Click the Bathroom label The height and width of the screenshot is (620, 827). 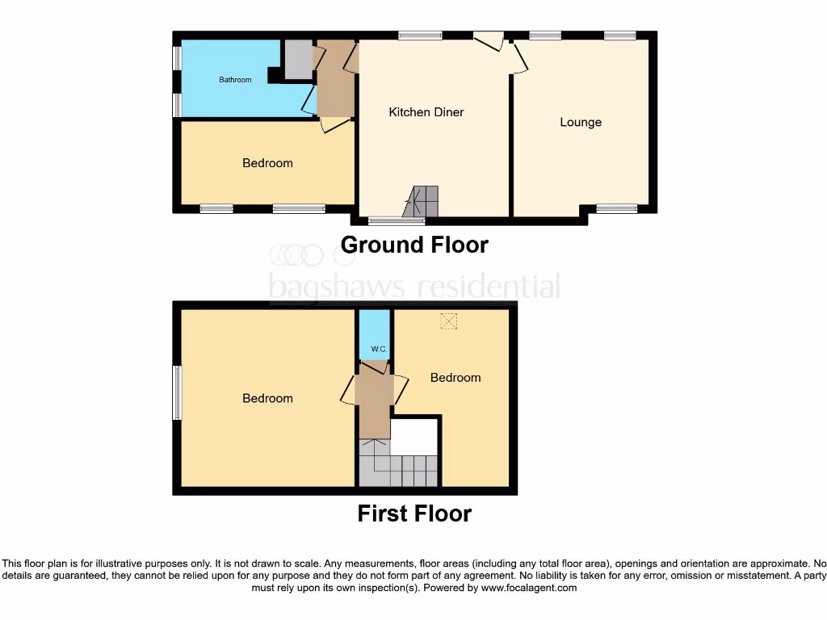[235, 80]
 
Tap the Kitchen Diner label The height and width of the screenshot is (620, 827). [426, 112]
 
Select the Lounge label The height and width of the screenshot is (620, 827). [581, 123]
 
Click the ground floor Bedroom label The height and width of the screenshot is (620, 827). [267, 163]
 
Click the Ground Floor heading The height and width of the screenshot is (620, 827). [414, 245]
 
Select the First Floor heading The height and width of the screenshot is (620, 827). [414, 513]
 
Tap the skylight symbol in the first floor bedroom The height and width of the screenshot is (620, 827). [448, 320]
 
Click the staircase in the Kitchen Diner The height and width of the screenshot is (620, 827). [423, 200]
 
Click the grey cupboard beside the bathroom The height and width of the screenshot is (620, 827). [298, 60]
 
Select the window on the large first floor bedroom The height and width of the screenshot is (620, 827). [177, 393]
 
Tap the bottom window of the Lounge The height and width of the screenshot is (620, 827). [616, 209]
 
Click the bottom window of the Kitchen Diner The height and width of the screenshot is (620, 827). [396, 220]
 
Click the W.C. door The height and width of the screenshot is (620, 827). [375, 367]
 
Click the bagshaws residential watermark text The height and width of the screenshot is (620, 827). [413, 287]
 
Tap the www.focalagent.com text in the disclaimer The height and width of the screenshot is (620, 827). [529, 589]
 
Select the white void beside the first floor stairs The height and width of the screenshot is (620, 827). [414, 436]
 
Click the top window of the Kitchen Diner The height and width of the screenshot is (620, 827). [420, 35]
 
